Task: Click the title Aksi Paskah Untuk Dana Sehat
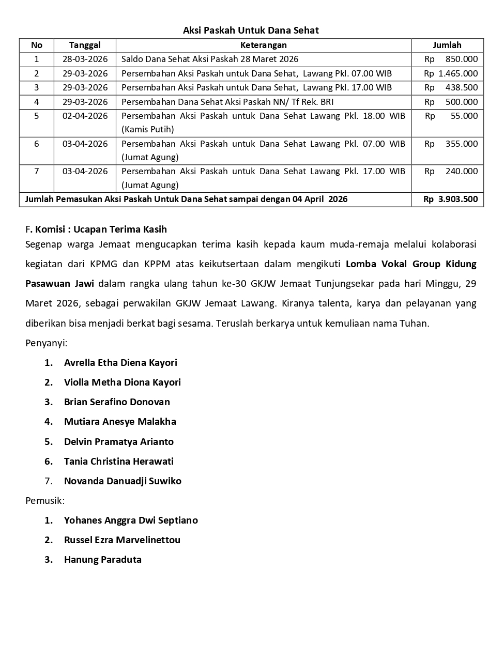tap(251, 30)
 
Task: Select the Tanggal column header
tap(85, 45)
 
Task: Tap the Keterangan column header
tap(263, 45)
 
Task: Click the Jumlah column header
tap(447, 45)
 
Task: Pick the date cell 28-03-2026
tap(85, 59)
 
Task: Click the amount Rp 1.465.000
tap(451, 73)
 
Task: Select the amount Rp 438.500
tap(451, 88)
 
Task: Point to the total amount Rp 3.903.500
tap(450, 199)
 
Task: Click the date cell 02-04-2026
tap(85, 116)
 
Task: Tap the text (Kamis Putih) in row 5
tap(147, 129)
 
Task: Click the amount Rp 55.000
tap(451, 116)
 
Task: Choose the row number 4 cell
tap(37, 102)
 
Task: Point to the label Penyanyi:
tap(46, 343)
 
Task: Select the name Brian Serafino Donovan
tap(117, 402)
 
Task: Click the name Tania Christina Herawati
tap(118, 462)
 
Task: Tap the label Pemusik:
tap(45, 500)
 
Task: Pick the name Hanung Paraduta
tap(102, 560)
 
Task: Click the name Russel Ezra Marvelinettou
tap(122, 540)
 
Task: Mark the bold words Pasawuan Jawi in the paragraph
tap(60, 284)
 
